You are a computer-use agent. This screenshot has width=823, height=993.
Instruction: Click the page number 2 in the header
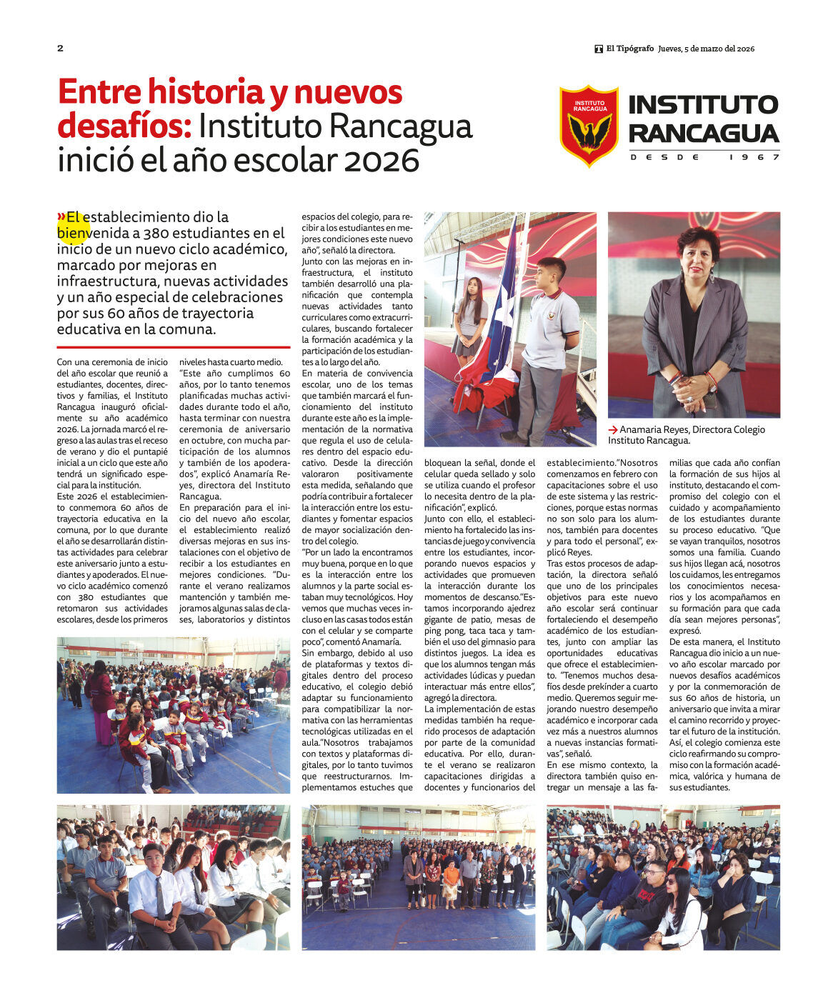(60, 49)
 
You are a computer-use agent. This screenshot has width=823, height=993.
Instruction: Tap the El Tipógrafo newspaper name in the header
(629, 49)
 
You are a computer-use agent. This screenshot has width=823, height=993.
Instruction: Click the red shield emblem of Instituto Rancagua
(589, 126)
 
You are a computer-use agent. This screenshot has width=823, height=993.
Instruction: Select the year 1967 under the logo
(754, 157)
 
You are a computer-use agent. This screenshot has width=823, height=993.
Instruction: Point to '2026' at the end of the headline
(381, 161)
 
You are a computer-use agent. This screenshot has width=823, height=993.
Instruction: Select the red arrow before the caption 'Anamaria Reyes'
(612, 430)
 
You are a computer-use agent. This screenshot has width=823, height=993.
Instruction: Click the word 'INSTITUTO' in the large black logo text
(703, 104)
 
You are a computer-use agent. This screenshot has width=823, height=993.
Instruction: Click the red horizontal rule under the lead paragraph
(174, 347)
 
